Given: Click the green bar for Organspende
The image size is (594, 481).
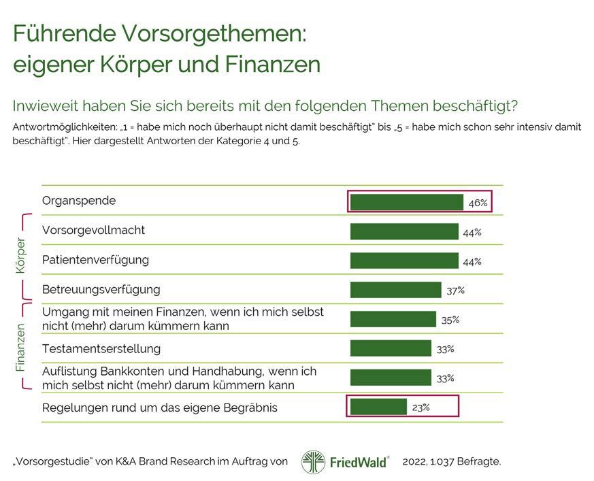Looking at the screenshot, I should (x=406, y=202).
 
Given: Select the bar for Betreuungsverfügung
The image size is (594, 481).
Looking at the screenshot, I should (x=395, y=290).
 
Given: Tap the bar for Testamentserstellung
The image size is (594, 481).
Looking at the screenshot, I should (x=391, y=348).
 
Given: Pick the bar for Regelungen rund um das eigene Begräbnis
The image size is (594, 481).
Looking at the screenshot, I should (x=378, y=407).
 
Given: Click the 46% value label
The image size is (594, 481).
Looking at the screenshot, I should (x=478, y=203).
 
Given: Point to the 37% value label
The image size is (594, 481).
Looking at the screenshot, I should (x=455, y=291).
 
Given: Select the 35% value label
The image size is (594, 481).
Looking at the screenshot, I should (x=450, y=320).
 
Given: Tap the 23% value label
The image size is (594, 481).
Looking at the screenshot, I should (x=420, y=408).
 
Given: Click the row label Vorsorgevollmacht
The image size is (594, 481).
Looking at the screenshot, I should (x=93, y=230).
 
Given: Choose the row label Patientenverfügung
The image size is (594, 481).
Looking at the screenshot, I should (x=95, y=260).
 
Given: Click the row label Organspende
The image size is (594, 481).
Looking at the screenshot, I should (x=79, y=201).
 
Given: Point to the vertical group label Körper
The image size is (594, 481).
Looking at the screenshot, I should (x=20, y=256).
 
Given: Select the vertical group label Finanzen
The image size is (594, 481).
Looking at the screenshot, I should (x=20, y=347).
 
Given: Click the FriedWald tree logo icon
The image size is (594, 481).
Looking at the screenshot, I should (x=313, y=461).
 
